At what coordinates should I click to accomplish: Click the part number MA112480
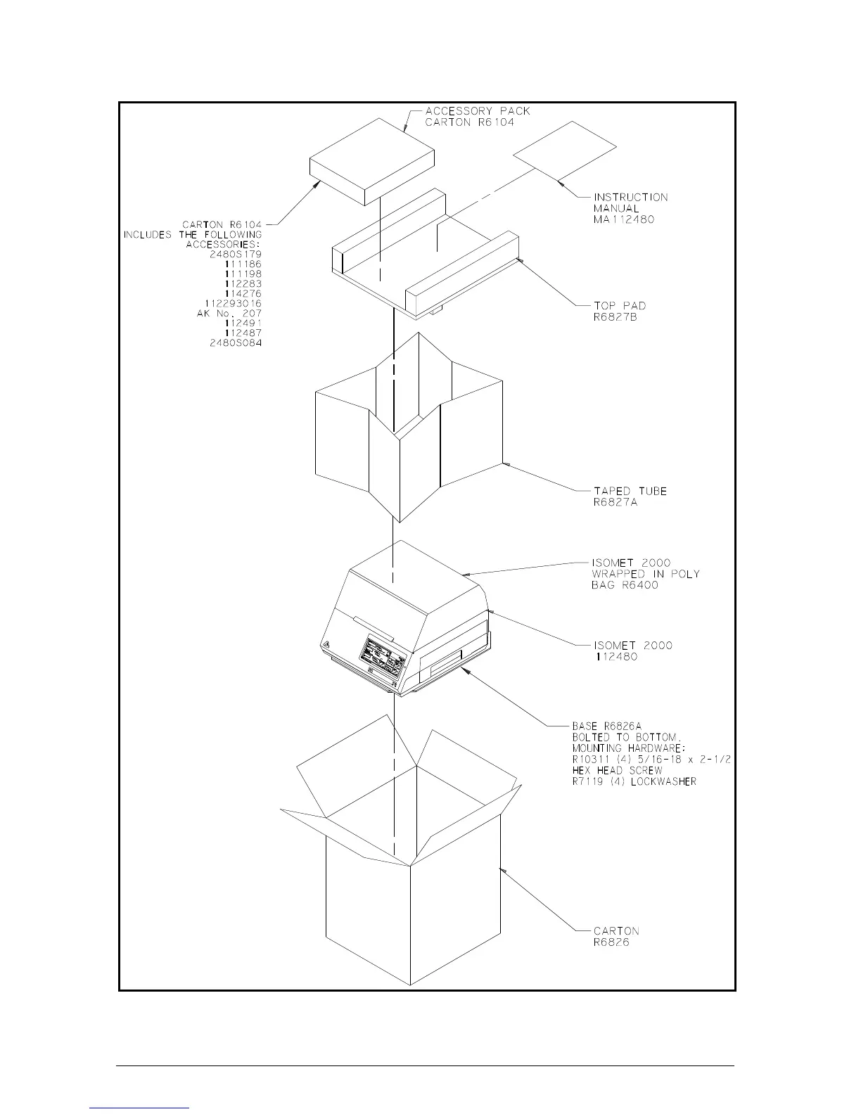(x=624, y=219)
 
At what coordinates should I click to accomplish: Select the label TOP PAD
(x=620, y=305)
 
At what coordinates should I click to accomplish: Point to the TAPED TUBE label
(x=630, y=491)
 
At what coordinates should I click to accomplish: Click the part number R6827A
(x=616, y=502)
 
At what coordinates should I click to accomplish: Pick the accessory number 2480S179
(x=236, y=254)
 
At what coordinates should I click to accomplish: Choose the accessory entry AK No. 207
(x=229, y=313)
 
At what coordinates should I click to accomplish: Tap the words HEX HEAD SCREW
(x=617, y=770)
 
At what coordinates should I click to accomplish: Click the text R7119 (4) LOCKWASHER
(x=634, y=781)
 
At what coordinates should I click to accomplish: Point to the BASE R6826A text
(x=606, y=726)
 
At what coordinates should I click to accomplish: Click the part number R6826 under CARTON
(x=611, y=942)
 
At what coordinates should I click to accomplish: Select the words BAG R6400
(x=625, y=585)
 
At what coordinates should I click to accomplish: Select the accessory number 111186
(x=243, y=264)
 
